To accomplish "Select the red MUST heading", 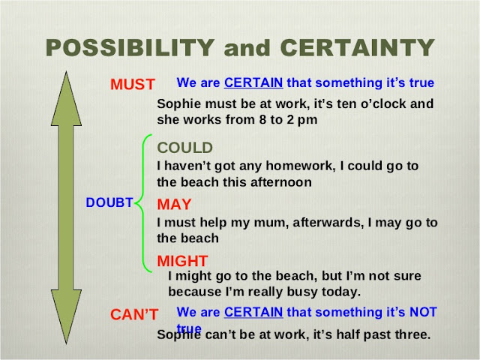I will (x=132, y=84).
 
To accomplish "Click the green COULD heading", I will (x=184, y=148).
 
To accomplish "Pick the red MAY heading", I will (x=174, y=204).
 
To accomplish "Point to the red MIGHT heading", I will (x=182, y=260).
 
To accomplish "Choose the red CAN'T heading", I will (x=133, y=314).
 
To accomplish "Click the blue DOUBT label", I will (x=109, y=203).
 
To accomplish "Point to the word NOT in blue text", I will (x=424, y=311).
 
